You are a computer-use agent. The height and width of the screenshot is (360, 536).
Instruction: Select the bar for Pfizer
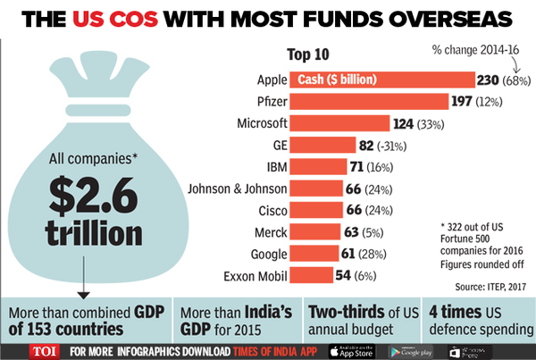pyautogui.click(x=366, y=101)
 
